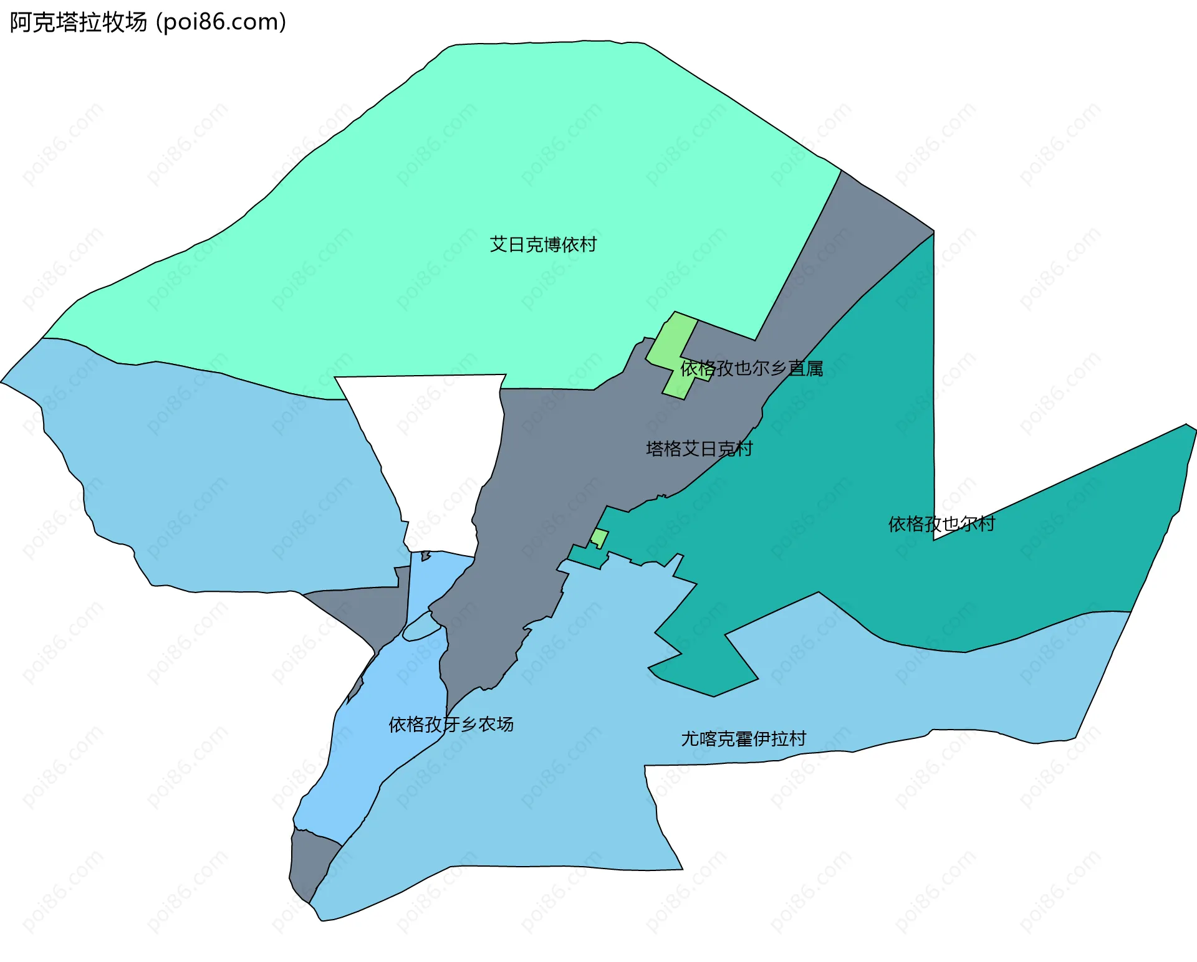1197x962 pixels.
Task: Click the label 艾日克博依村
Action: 543,245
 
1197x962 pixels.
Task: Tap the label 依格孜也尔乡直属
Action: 751,369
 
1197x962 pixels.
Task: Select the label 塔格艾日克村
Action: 699,449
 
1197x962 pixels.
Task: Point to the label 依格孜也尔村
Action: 941,524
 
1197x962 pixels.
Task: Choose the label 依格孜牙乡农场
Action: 451,725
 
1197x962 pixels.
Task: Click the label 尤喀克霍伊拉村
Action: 743,739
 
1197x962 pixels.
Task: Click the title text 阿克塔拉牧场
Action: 79,22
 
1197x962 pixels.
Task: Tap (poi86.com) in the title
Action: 221,22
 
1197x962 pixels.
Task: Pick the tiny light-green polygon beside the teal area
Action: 599,537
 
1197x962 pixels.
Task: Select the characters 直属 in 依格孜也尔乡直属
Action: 805,369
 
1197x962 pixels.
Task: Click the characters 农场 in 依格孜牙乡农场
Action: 496,725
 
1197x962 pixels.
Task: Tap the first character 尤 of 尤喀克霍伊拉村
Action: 690,739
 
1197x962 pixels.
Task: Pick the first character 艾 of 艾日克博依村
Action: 498,245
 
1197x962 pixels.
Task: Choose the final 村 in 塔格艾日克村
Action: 744,449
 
